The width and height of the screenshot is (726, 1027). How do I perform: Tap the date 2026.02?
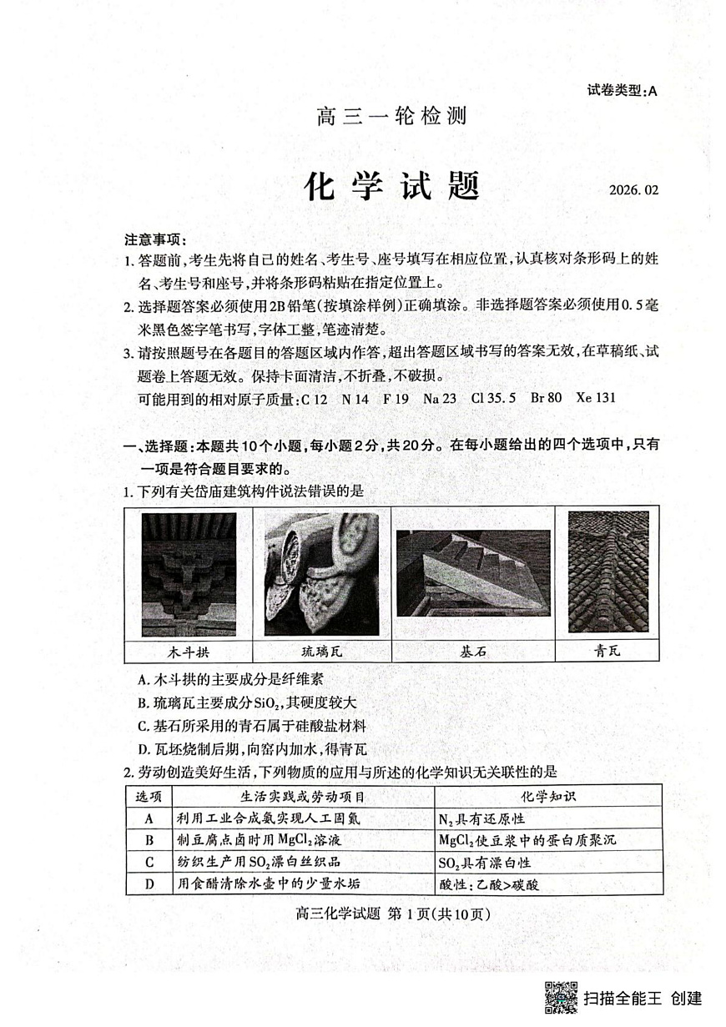[x=658, y=190]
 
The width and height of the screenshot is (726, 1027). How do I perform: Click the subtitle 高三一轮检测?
[x=391, y=116]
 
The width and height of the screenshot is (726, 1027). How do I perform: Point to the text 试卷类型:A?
[x=623, y=92]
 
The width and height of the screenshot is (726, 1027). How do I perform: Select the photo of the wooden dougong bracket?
[x=189, y=575]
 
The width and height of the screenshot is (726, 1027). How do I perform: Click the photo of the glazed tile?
[x=321, y=575]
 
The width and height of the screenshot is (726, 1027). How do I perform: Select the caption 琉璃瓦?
[x=321, y=651]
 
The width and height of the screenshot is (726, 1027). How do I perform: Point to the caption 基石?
[x=472, y=651]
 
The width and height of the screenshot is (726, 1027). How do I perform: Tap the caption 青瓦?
[x=608, y=651]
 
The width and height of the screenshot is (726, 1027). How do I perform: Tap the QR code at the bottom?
[x=562, y=998]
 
